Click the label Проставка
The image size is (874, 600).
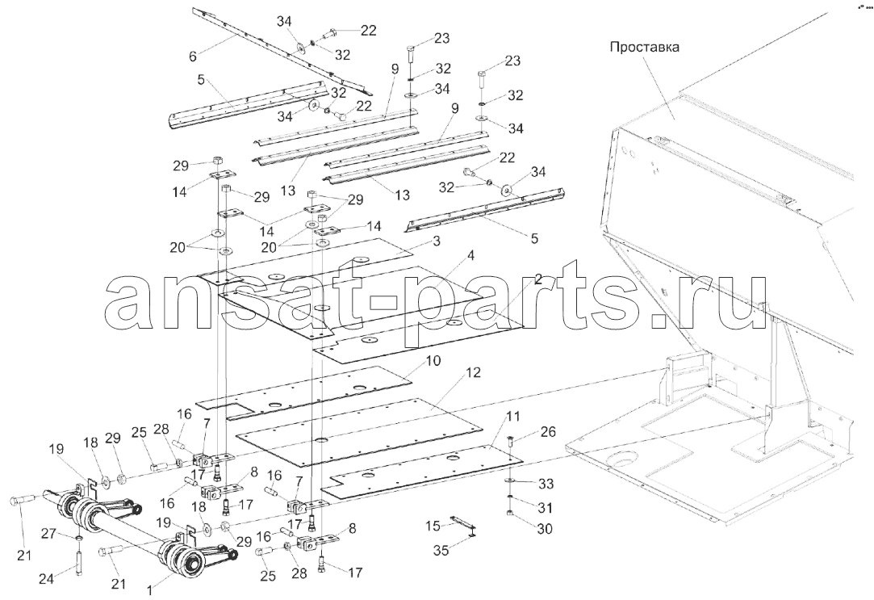[x=644, y=48]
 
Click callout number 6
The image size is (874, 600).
[x=193, y=56]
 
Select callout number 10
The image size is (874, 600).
[x=432, y=361]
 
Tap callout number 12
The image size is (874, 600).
[x=472, y=373]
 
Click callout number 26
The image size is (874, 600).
[x=549, y=432]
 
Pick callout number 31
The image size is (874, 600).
[x=545, y=508]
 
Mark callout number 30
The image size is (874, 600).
[x=545, y=528]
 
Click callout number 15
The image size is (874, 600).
[x=432, y=526]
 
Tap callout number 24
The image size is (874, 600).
[x=47, y=579]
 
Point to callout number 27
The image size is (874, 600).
[x=47, y=535]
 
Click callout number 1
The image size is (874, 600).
[x=148, y=588]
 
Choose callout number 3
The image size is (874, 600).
[x=436, y=241]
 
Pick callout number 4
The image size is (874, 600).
[x=471, y=257]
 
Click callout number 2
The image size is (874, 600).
[x=537, y=280]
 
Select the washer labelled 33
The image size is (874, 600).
[x=511, y=480]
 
